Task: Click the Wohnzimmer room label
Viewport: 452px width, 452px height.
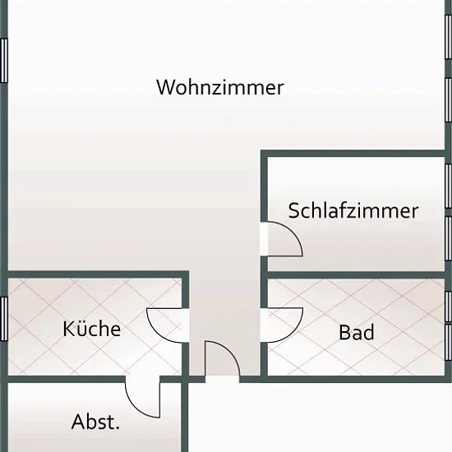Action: coord(220,87)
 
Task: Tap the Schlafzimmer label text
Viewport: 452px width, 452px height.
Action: coord(353,210)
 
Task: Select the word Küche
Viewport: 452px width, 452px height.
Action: coord(92,329)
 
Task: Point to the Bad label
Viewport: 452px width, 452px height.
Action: coord(357,332)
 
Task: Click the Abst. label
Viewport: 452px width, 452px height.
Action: coord(95,422)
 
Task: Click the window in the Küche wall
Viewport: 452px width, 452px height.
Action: coord(3,319)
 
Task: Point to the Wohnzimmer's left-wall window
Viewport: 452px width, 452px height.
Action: coord(3,61)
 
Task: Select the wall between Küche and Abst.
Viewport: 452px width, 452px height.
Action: coord(67,379)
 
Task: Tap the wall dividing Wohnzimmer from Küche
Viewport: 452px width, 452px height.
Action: coord(98,274)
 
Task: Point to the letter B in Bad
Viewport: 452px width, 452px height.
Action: coord(344,332)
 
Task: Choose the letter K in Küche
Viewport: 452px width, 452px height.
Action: coord(68,329)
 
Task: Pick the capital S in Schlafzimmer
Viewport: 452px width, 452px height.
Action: coord(293,210)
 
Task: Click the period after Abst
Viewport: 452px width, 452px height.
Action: coord(118,428)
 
